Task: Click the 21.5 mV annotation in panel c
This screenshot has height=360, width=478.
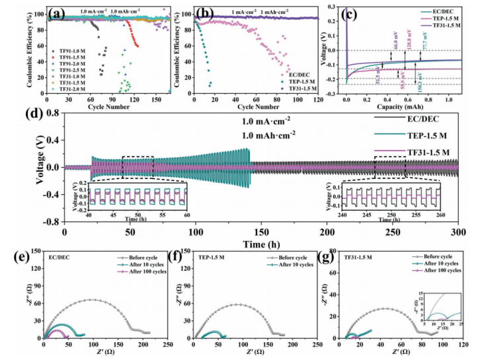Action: click(378, 75)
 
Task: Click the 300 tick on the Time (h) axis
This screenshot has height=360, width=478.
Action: click(458, 232)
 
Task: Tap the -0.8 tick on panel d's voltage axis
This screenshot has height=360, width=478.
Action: click(55, 222)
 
